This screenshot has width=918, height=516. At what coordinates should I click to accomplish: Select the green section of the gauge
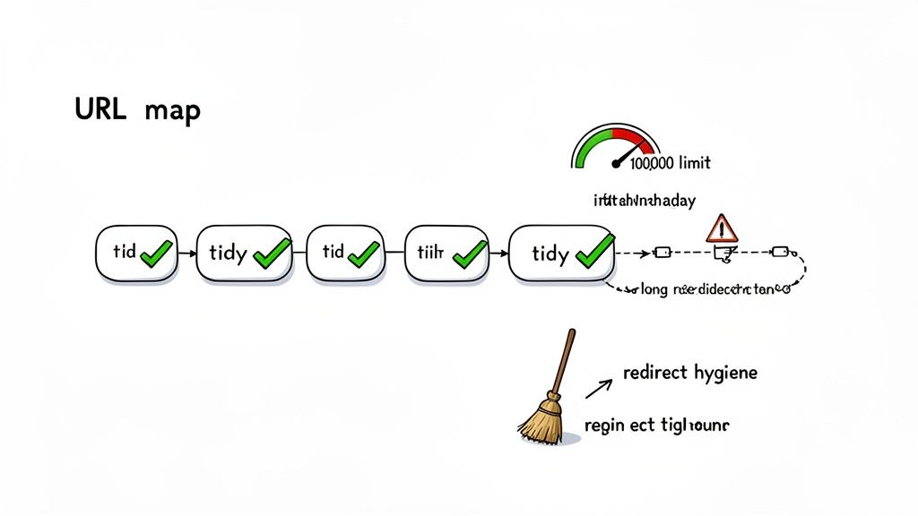click(x=592, y=144)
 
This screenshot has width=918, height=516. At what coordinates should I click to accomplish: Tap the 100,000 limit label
click(x=670, y=163)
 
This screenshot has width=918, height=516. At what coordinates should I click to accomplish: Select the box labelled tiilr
click(x=446, y=253)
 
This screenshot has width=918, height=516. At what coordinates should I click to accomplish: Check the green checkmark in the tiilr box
click(x=469, y=254)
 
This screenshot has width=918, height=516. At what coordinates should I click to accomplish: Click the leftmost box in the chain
click(x=136, y=252)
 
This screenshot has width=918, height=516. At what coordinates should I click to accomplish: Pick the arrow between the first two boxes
click(x=186, y=254)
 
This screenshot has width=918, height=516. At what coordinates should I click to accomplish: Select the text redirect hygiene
click(x=688, y=372)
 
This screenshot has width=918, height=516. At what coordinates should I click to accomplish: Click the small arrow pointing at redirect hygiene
click(x=598, y=386)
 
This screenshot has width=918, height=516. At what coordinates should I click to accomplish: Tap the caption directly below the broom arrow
click(x=656, y=426)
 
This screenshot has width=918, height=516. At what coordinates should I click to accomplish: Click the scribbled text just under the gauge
click(x=644, y=202)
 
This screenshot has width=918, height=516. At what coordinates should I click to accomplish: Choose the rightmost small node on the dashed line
click(x=779, y=252)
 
